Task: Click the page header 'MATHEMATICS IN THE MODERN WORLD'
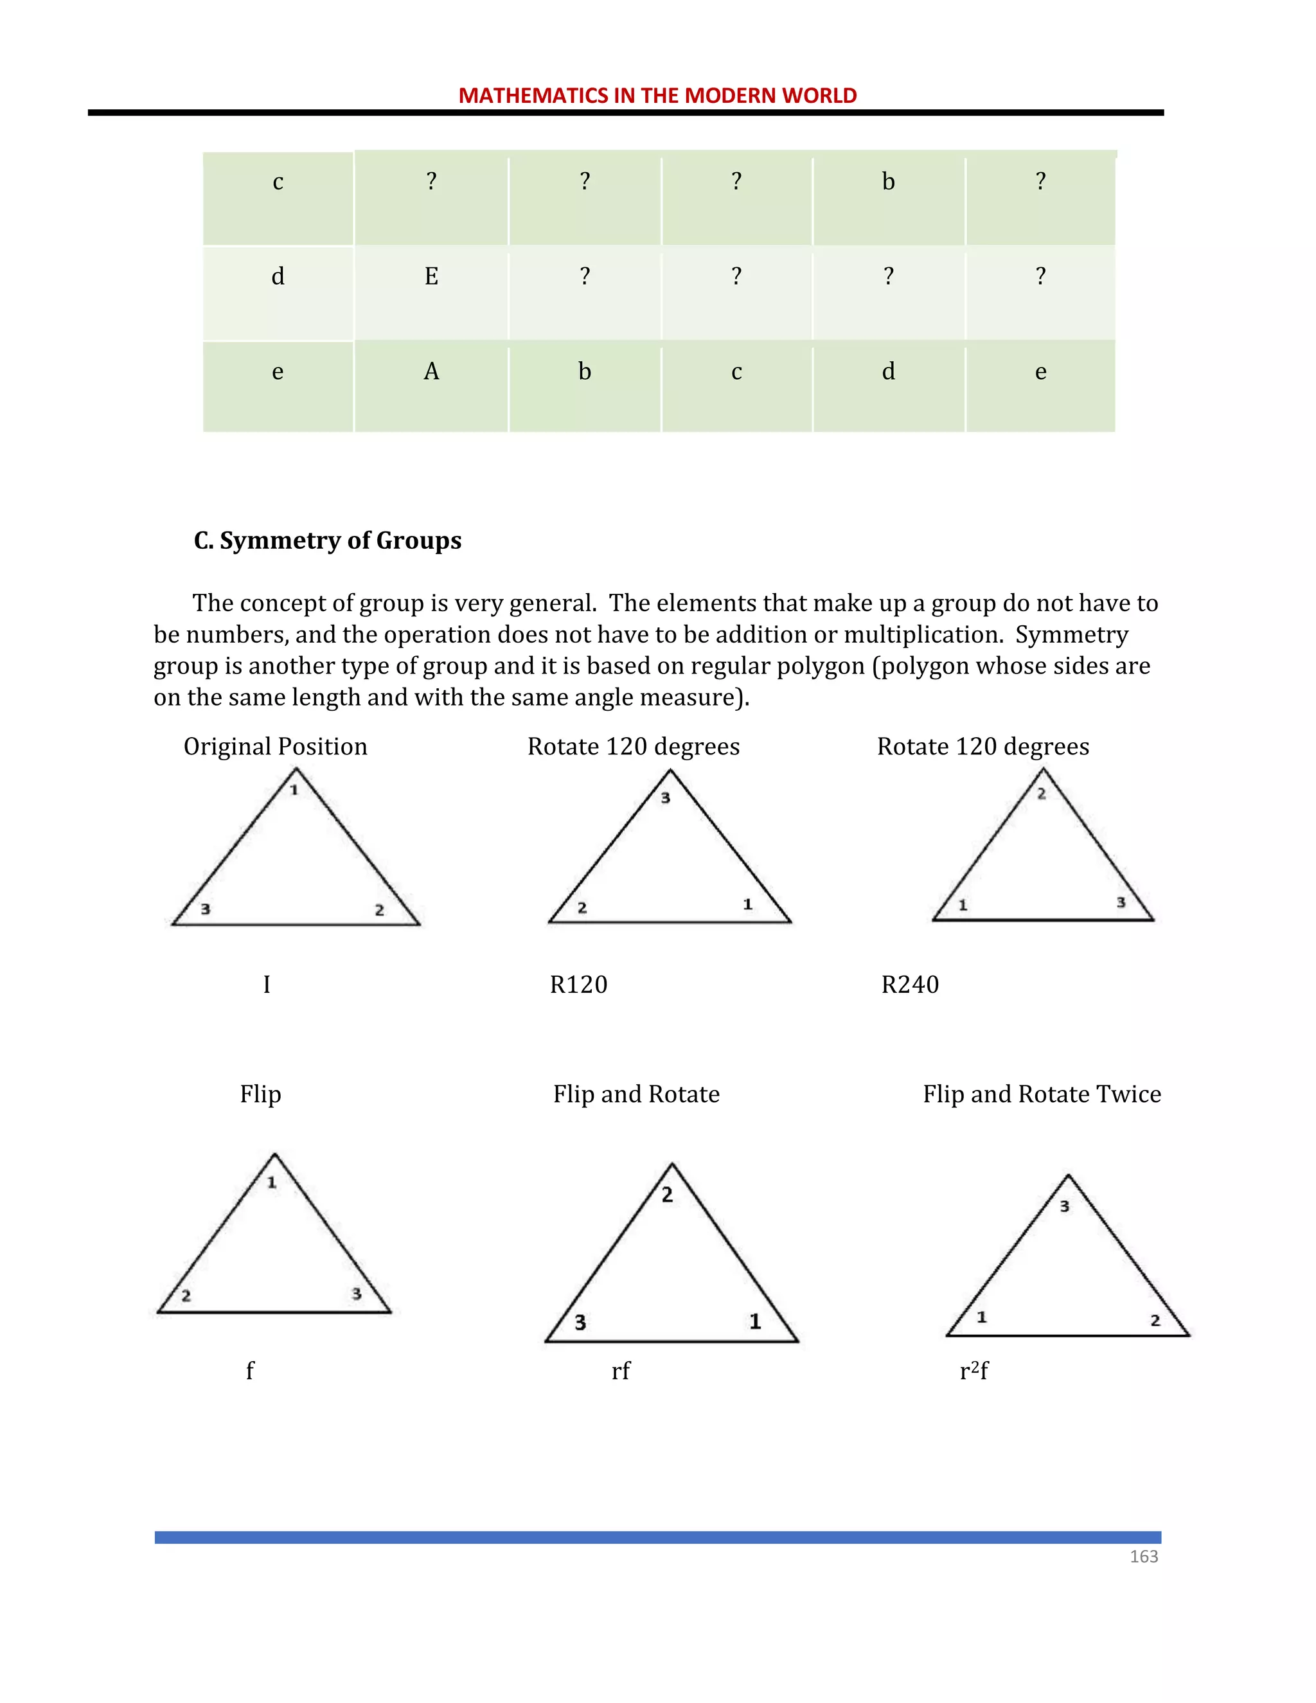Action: click(x=657, y=95)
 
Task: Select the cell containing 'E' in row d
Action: click(x=431, y=276)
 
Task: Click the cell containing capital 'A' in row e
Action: click(x=431, y=371)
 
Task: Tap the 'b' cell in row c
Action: click(x=888, y=182)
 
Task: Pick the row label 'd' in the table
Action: click(x=278, y=276)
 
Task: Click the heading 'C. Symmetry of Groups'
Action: click(x=328, y=540)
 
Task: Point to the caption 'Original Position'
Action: click(x=275, y=746)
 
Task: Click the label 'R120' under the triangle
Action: click(x=578, y=985)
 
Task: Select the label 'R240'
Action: click(x=910, y=985)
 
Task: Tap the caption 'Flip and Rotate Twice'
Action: click(x=1042, y=1094)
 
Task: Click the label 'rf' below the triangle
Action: click(x=621, y=1370)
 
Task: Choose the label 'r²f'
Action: click(x=974, y=1370)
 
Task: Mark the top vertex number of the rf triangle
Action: click(x=668, y=1195)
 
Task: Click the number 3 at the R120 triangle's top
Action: click(x=665, y=798)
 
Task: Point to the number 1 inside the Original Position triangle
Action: click(x=294, y=790)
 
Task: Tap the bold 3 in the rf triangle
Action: click(x=580, y=1323)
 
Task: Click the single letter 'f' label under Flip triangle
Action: click(x=249, y=1370)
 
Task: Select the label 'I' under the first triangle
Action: click(x=267, y=985)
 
